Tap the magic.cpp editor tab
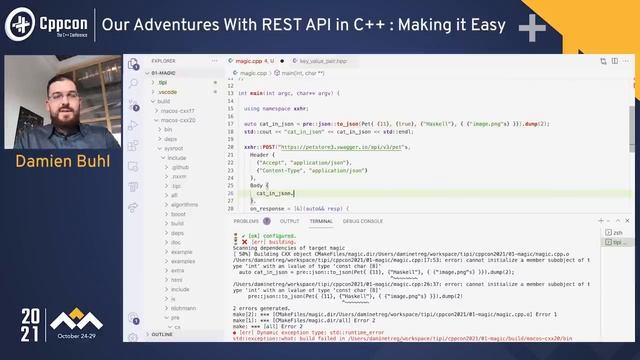[x=253, y=61]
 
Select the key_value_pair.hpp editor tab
[x=322, y=61]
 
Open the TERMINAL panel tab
[x=321, y=221]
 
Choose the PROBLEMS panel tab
[x=246, y=221]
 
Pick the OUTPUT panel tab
[x=289, y=221]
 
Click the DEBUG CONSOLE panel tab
[x=363, y=221]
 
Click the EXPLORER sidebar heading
[x=163, y=61]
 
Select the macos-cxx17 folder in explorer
[x=179, y=110]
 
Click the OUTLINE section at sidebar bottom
[x=162, y=335]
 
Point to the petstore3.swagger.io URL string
[x=334, y=147]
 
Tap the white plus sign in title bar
[x=532, y=26]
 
